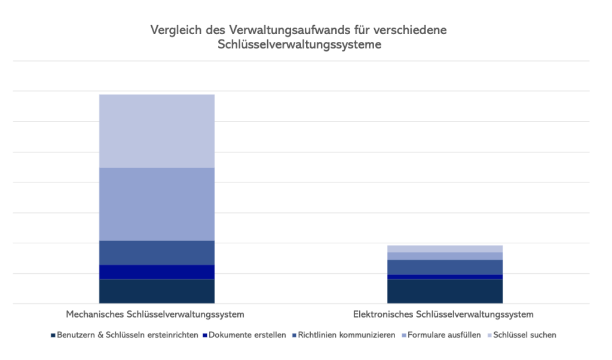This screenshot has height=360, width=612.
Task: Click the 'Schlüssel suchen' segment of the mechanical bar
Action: coord(157,131)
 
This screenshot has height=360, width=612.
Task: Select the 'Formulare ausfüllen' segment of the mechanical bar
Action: coord(157,204)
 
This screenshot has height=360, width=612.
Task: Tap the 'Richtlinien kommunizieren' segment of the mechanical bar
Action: coord(157,252)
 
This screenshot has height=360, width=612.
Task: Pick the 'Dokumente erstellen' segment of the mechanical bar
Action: coord(157,272)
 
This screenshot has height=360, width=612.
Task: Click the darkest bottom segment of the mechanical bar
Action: coord(157,291)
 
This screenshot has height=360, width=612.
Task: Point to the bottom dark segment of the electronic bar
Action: coord(445,291)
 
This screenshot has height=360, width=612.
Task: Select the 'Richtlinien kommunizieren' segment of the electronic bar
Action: coord(445,267)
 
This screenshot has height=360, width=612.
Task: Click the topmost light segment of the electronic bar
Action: coord(445,249)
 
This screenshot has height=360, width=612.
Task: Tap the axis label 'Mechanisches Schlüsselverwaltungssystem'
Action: coord(155,314)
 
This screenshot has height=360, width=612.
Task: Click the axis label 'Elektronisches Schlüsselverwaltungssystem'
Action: coord(443,314)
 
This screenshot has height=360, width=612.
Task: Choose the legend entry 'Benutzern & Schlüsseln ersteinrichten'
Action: coord(128,335)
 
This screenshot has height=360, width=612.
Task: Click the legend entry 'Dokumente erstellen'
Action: coord(247,335)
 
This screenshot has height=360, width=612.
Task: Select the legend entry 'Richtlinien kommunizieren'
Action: coord(347,335)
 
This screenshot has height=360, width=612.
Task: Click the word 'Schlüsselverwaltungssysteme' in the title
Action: coord(300,45)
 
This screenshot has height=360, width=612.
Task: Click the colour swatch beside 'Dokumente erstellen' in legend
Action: coord(205,335)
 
